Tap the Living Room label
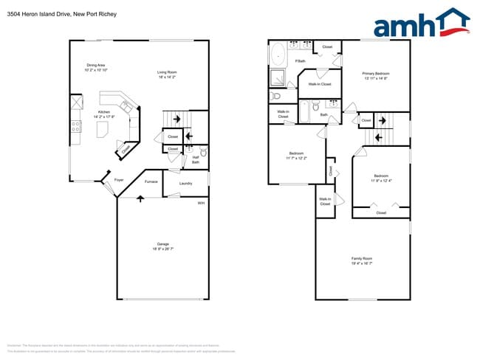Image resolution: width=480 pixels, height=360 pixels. click(167, 72)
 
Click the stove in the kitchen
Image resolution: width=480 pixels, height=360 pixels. click(75, 126)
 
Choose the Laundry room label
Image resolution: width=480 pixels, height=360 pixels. click(185, 184)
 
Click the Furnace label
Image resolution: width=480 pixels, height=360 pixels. click(151, 181)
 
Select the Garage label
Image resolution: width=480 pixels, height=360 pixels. click(162, 244)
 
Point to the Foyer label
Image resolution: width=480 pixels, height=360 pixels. click(118, 179)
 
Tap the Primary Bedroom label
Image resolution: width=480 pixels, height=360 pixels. click(375, 74)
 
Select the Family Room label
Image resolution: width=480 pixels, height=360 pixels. click(362, 258)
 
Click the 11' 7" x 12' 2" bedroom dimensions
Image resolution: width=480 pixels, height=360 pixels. click(296, 158)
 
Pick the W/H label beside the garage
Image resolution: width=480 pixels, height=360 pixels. click(200, 203)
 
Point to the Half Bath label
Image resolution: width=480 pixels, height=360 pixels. click(196, 159)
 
